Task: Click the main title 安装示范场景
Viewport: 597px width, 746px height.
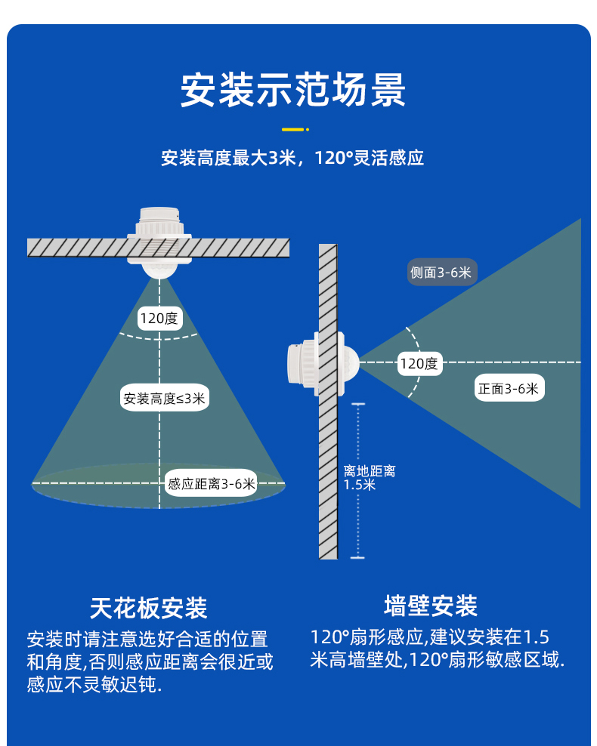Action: (292, 89)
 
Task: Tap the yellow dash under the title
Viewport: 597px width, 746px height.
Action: (292, 129)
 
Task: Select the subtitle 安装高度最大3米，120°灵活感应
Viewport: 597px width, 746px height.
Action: (292, 158)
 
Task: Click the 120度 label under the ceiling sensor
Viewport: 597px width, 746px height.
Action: (159, 319)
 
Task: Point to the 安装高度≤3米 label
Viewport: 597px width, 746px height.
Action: (164, 398)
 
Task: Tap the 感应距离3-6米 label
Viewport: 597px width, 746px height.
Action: (212, 484)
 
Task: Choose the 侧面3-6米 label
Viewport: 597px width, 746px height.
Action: (441, 272)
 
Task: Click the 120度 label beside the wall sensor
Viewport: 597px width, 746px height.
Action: (419, 364)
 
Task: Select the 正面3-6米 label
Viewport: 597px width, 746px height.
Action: (509, 388)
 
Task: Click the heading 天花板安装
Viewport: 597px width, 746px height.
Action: (149, 608)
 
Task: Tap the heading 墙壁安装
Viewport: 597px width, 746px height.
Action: (431, 606)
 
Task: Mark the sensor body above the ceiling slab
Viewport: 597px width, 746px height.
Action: (159, 222)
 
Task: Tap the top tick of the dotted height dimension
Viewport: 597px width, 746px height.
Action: (358, 404)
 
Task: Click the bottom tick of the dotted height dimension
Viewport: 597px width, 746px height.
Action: (357, 557)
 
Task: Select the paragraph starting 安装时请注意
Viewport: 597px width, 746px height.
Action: (150, 661)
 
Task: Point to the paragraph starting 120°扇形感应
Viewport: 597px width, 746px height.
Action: (437, 649)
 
